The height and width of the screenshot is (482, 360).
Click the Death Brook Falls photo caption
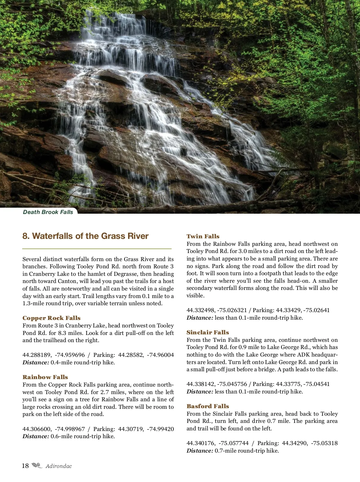(x=48, y=212)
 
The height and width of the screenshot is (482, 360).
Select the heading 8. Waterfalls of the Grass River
(x=85, y=236)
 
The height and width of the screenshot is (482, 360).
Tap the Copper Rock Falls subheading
(x=52, y=318)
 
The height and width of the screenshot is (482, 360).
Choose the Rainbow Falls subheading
(x=45, y=377)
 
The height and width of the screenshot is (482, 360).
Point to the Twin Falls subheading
(x=203, y=236)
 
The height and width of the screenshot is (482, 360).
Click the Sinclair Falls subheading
(x=208, y=332)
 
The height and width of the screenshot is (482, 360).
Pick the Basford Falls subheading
(x=208, y=406)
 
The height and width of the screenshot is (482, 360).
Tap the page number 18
(x=25, y=466)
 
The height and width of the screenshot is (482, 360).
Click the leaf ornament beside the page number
(x=37, y=465)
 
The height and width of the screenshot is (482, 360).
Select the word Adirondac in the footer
(x=59, y=466)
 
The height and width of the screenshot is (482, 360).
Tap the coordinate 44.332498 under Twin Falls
(x=201, y=310)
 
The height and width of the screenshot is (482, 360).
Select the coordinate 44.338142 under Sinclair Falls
(x=201, y=384)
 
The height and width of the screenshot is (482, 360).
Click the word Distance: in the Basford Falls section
(x=200, y=451)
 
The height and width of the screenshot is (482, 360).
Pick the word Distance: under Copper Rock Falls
(x=36, y=363)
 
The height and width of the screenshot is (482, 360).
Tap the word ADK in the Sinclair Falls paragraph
(x=303, y=355)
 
